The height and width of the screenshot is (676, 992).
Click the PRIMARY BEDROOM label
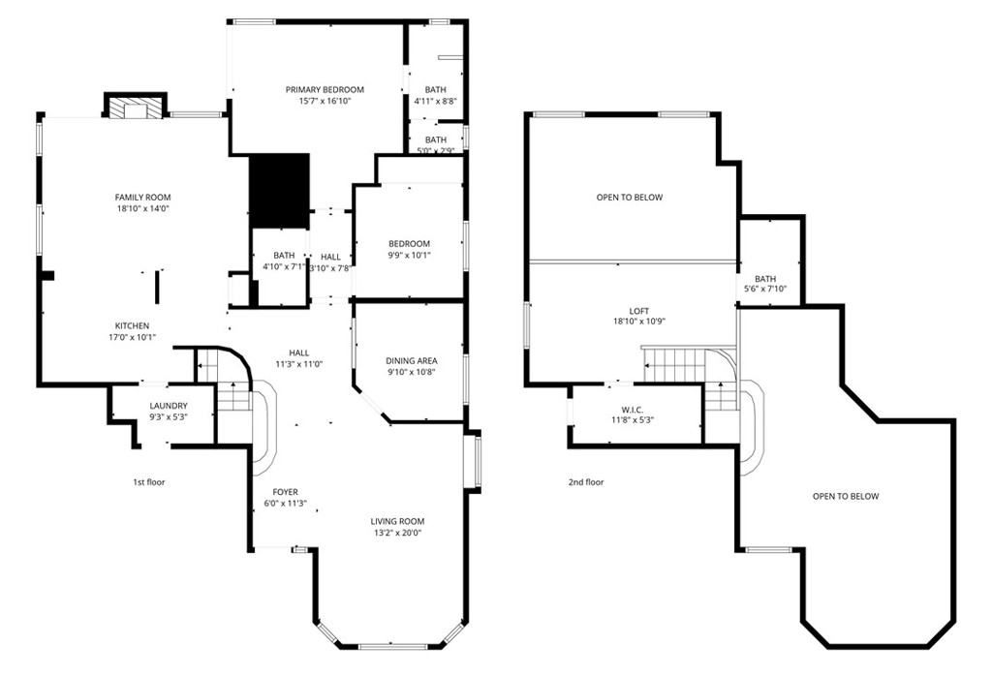(x=317, y=89)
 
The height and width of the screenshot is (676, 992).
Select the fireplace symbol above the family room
(x=136, y=108)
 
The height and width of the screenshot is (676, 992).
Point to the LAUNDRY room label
(x=169, y=406)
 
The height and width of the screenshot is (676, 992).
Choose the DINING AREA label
(x=412, y=360)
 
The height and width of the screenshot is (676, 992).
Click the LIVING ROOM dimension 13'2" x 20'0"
(x=397, y=533)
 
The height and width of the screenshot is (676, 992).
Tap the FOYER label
(x=285, y=492)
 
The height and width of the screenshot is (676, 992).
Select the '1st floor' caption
(x=149, y=481)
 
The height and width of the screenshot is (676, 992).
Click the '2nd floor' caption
(x=586, y=481)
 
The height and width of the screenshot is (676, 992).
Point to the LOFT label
(x=638, y=311)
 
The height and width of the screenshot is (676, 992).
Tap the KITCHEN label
(x=133, y=325)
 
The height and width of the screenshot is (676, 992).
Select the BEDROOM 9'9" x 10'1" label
(x=409, y=244)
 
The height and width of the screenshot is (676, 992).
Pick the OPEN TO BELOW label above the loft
(x=630, y=198)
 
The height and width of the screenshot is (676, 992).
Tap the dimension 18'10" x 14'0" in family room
(x=142, y=208)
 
